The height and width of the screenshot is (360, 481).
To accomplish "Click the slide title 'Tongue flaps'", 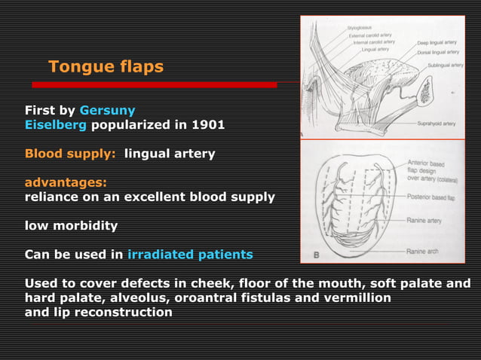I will point(106,67).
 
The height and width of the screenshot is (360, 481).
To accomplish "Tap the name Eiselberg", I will point(56,126).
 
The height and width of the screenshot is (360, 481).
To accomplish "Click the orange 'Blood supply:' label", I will point(70,154).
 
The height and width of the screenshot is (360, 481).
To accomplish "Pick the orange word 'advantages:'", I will point(66,182).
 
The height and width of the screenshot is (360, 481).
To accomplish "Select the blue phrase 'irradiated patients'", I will point(190,255).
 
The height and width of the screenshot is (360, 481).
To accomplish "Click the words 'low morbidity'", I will point(71,225).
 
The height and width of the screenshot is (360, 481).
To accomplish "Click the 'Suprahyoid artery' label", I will point(438,123).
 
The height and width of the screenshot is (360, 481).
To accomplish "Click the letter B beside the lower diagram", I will point(317,255).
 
